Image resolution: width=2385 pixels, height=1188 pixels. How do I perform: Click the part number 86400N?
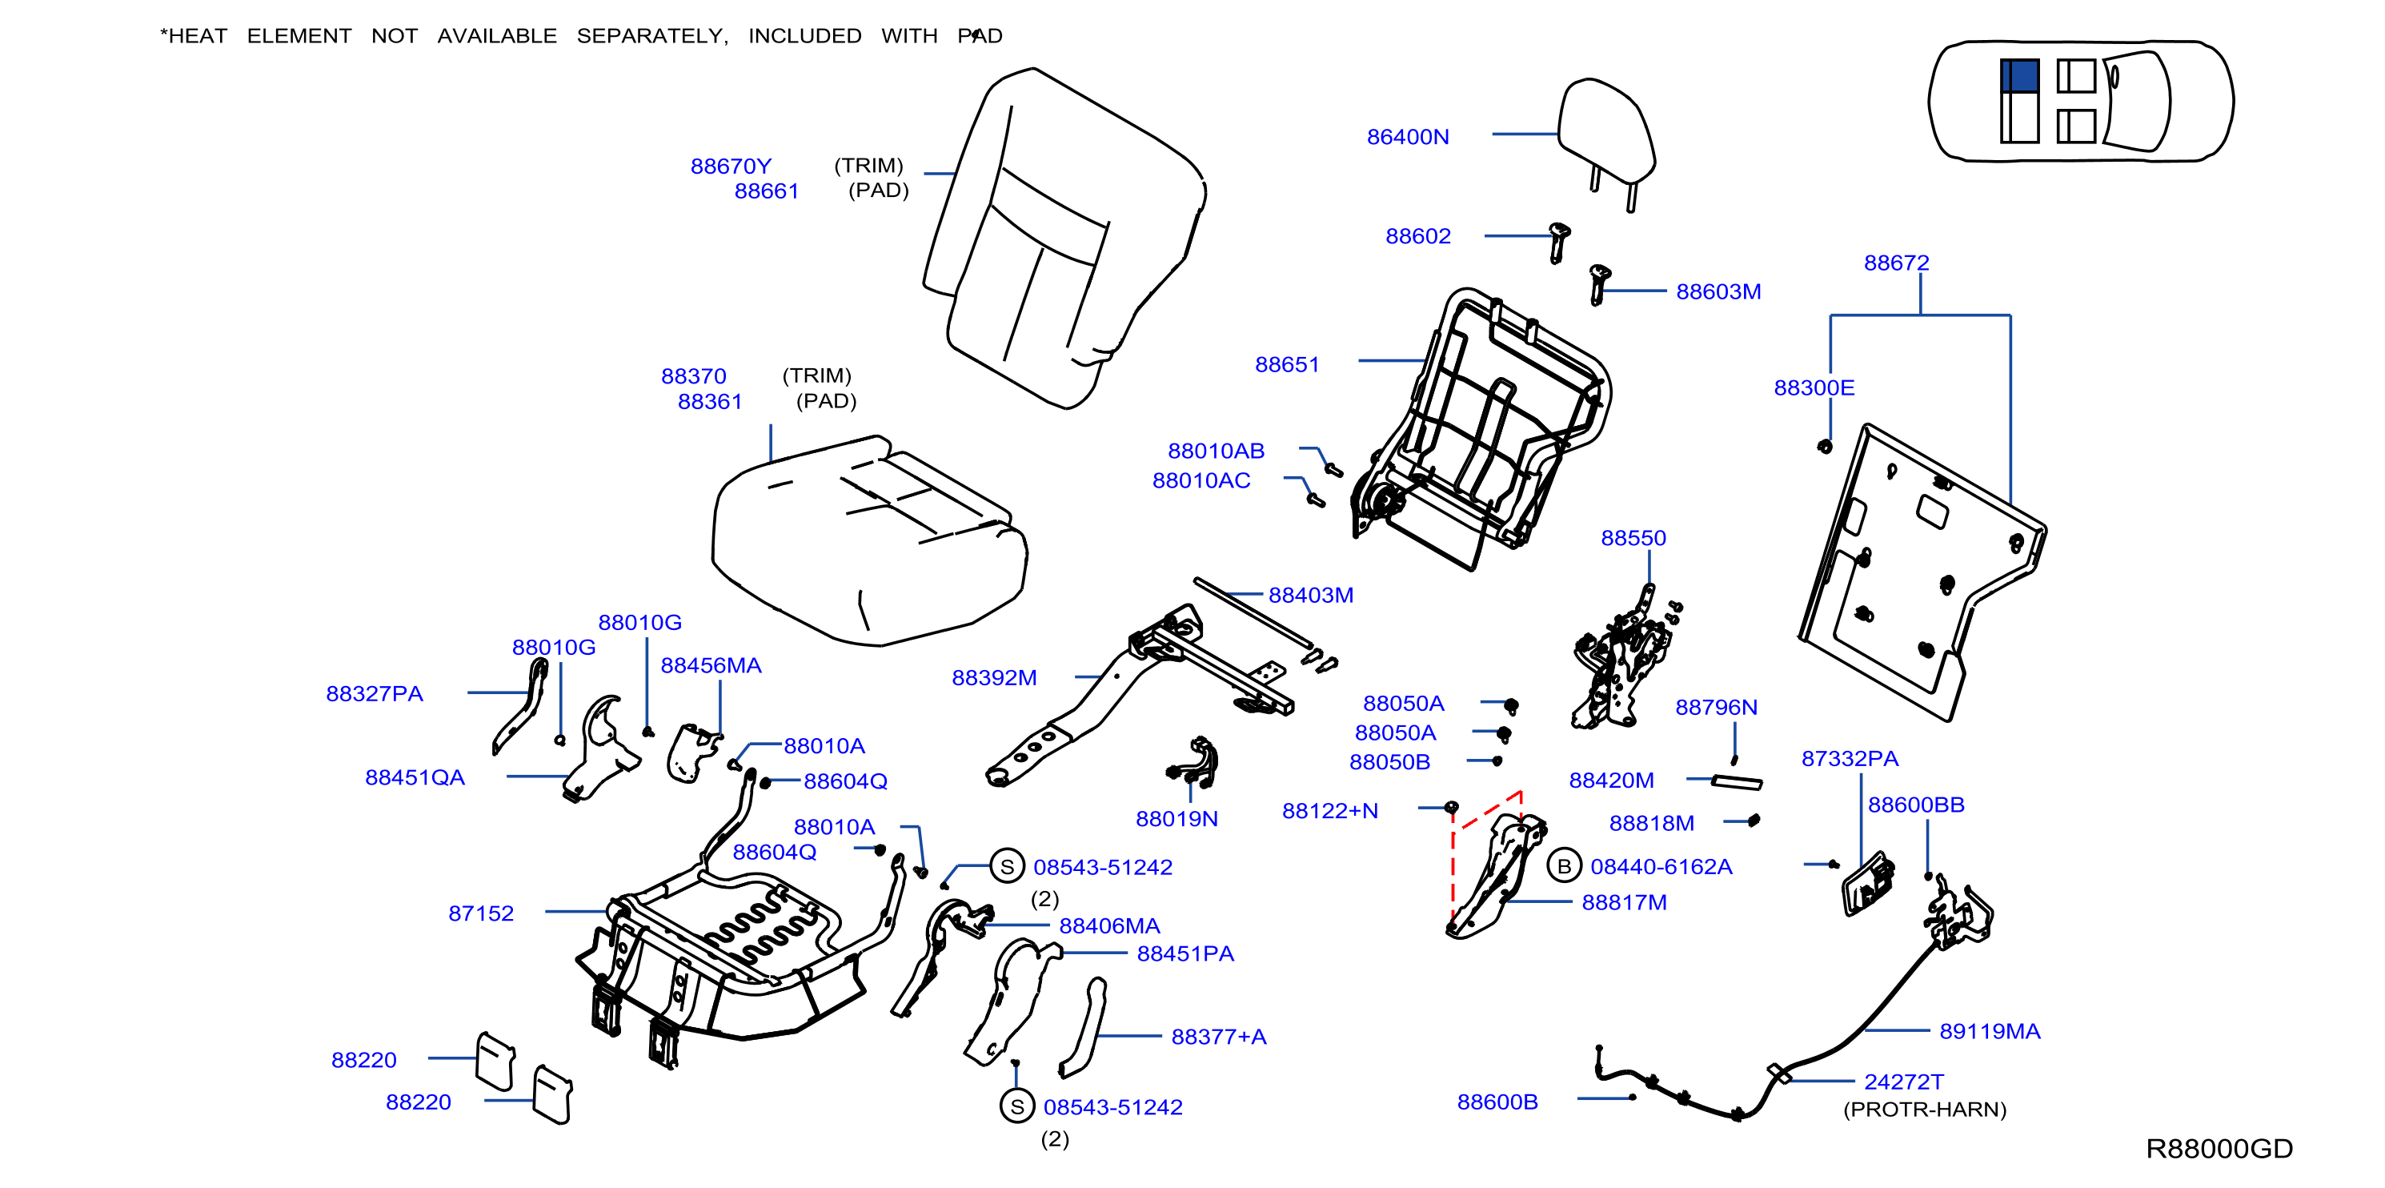pyautogui.click(x=1407, y=137)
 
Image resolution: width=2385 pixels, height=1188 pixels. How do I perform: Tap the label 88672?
pyautogui.click(x=1896, y=263)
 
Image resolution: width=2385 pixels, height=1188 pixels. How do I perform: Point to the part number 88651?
pyautogui.click(x=1287, y=365)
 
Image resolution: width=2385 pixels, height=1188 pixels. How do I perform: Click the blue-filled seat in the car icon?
pyautogui.click(x=2019, y=76)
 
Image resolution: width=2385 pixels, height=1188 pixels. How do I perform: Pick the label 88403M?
pyautogui.click(x=1310, y=596)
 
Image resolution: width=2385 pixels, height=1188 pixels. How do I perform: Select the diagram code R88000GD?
pyautogui.click(x=2219, y=1149)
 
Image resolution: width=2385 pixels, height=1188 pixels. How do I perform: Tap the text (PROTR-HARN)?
pyautogui.click(x=1925, y=1110)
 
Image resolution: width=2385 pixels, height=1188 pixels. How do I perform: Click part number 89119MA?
pyautogui.click(x=1990, y=1032)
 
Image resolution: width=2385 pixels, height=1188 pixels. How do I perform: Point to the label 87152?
pyautogui.click(x=480, y=914)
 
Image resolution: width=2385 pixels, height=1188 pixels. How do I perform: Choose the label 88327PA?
pyautogui.click(x=374, y=694)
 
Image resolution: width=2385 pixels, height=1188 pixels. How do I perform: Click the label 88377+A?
pyautogui.click(x=1218, y=1037)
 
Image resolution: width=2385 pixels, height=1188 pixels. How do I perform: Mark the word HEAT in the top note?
pyautogui.click(x=197, y=36)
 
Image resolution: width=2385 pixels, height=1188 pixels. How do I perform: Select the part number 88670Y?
pyautogui.click(x=731, y=167)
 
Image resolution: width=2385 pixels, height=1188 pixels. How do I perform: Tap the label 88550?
pyautogui.click(x=1633, y=539)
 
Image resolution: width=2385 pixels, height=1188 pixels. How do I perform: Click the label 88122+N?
pyautogui.click(x=1329, y=811)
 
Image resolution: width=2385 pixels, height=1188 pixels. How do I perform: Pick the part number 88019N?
pyautogui.click(x=1176, y=820)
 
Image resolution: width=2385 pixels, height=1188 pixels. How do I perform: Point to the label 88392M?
pyautogui.click(x=993, y=678)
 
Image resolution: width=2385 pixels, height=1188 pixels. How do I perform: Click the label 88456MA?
pyautogui.click(x=710, y=666)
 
